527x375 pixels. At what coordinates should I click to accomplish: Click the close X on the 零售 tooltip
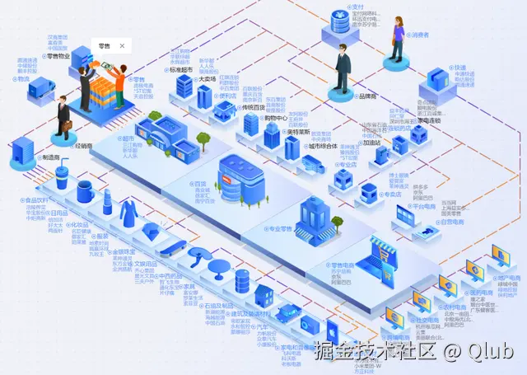tap(123, 46)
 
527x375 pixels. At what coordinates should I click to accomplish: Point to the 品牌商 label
tap(366, 96)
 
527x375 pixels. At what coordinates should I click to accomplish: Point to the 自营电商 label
tap(451, 221)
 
